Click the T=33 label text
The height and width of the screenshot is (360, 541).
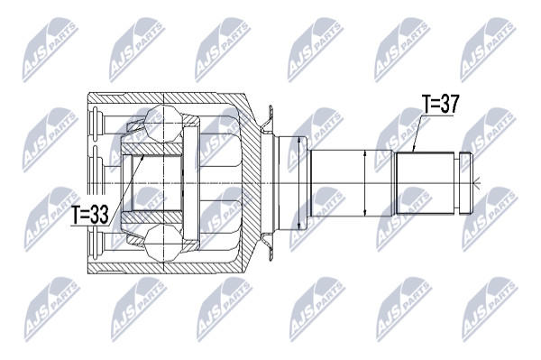[x=90, y=215]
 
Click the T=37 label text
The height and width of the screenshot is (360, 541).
[x=441, y=104]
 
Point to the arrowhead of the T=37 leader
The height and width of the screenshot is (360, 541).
[x=413, y=151]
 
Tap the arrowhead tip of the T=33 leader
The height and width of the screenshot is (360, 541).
[x=144, y=155]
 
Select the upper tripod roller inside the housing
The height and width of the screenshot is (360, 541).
[x=162, y=124]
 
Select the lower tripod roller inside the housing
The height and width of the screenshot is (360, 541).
[x=162, y=243]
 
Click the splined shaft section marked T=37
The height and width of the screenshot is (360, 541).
[x=425, y=183]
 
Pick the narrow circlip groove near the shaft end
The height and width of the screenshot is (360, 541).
[x=457, y=183]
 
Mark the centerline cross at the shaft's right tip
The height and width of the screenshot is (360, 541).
[x=476, y=183]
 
